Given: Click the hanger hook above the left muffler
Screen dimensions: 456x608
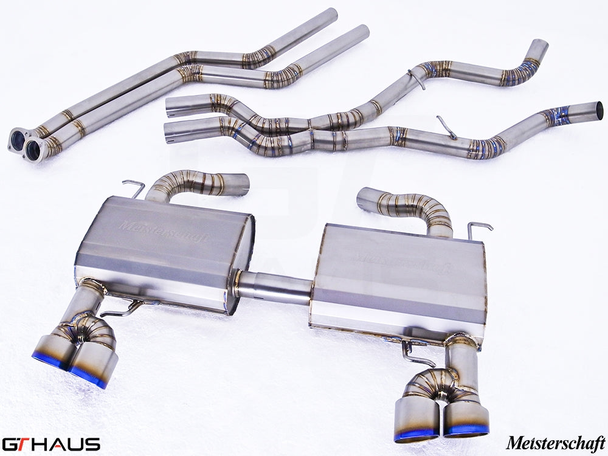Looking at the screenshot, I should click(134, 187).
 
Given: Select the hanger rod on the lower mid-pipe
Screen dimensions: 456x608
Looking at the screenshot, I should click(447, 128).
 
